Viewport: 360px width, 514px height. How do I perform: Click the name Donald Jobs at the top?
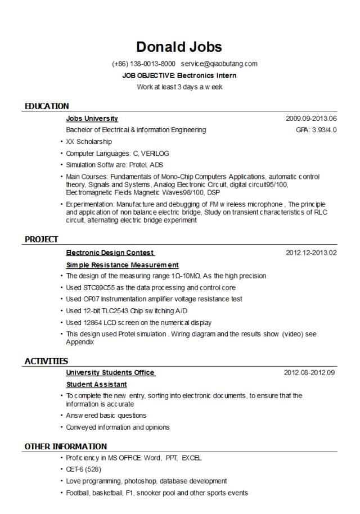click(x=179, y=47)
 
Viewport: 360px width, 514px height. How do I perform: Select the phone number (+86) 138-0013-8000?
click(x=143, y=64)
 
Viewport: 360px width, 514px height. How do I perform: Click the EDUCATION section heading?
click(x=47, y=106)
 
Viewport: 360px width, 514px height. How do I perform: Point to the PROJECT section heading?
click(x=41, y=240)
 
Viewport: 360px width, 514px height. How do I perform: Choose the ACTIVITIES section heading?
click(x=46, y=361)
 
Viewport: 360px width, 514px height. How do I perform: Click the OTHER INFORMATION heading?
click(x=65, y=447)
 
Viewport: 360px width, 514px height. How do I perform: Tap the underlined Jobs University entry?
click(x=92, y=119)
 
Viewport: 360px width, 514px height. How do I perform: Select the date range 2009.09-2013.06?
click(x=311, y=119)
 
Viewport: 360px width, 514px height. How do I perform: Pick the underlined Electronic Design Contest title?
click(x=110, y=253)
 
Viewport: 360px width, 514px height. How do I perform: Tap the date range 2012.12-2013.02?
click(x=311, y=253)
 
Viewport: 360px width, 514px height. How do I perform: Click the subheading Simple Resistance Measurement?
click(x=122, y=265)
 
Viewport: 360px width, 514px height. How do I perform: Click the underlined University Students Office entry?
click(x=110, y=373)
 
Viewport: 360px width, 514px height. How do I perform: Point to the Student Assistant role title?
click(x=96, y=385)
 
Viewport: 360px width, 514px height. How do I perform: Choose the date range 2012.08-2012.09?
click(x=309, y=373)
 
